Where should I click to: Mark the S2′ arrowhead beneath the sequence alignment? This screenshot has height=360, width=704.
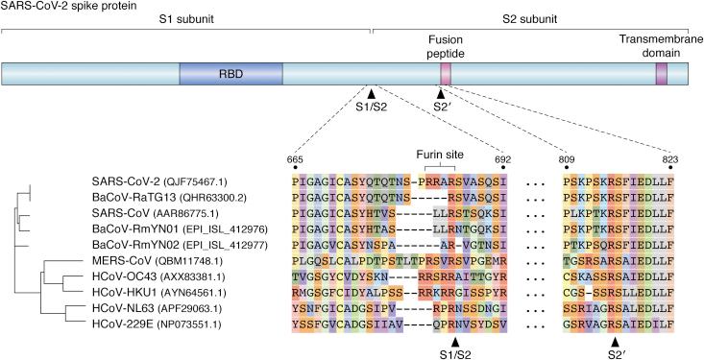coord(615,329)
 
